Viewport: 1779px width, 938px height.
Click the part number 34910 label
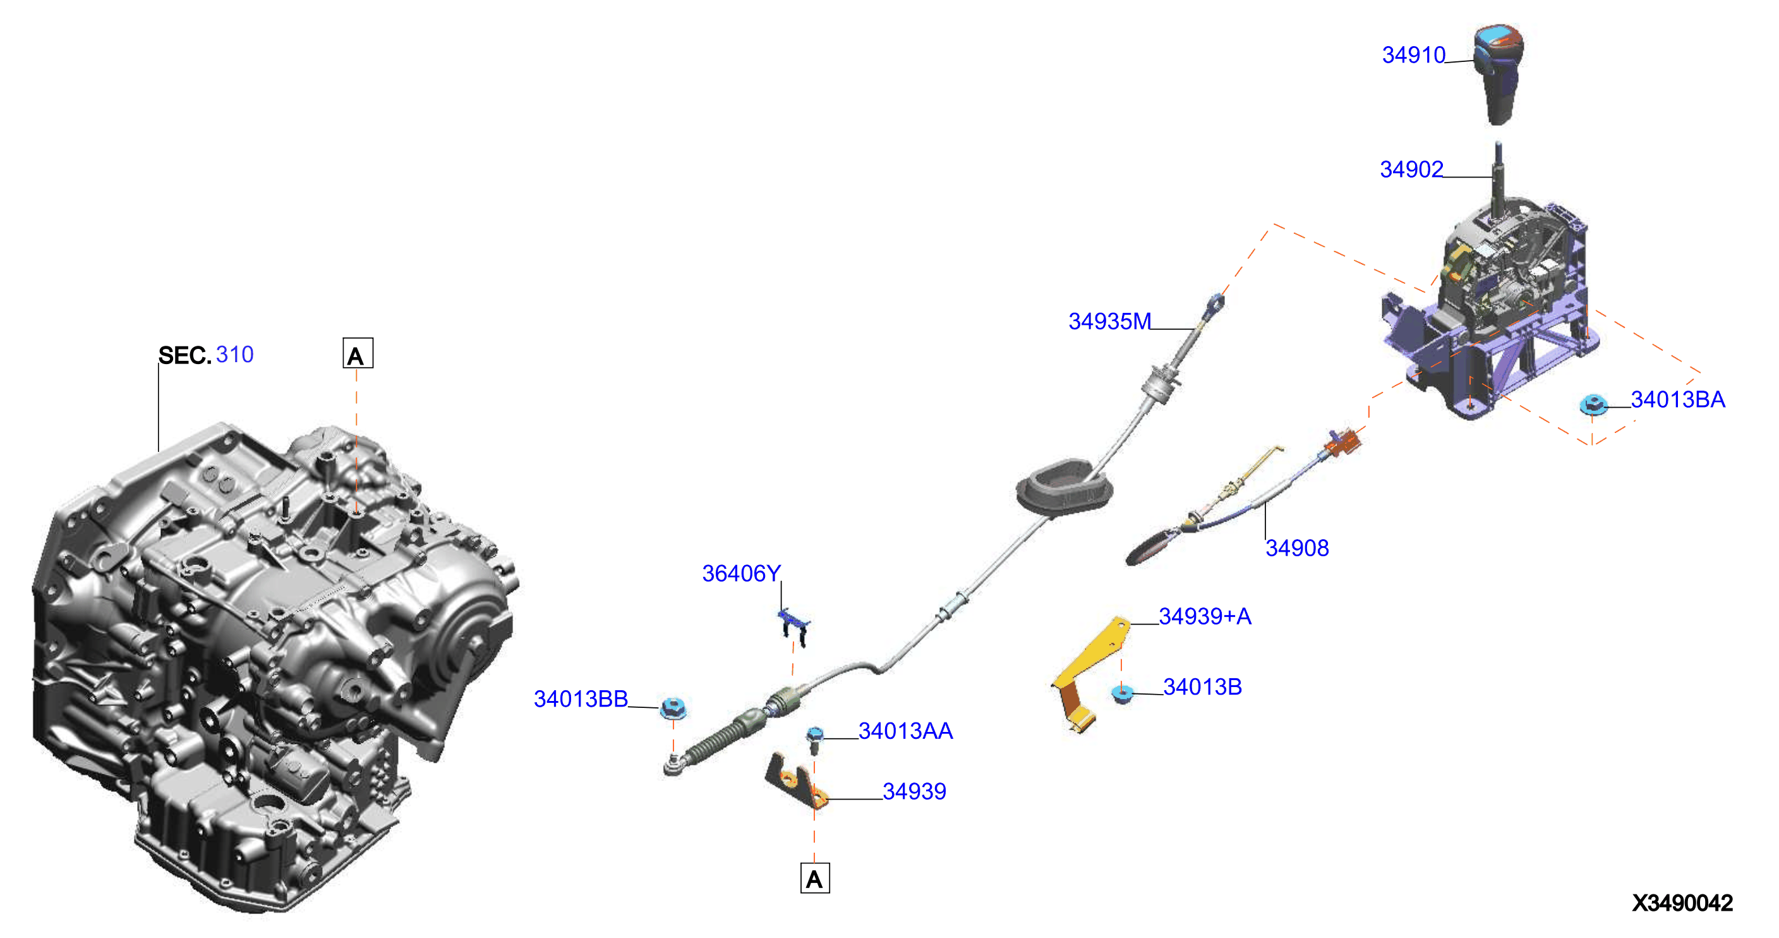pos(1413,55)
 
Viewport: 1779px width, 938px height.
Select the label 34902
pos(1411,170)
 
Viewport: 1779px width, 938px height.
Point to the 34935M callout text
pos(1110,322)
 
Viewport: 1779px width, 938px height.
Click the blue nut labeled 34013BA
pos(1593,404)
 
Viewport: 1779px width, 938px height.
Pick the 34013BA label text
pos(1677,400)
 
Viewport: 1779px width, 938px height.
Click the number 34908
pos(1297,549)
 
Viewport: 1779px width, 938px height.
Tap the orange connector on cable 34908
pos(1343,442)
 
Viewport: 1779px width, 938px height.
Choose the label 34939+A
pos(1205,617)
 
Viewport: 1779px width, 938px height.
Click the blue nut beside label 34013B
pos(1122,693)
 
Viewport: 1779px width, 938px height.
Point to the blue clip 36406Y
pos(794,626)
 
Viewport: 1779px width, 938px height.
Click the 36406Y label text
pos(741,574)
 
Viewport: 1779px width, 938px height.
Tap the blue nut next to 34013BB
pos(673,709)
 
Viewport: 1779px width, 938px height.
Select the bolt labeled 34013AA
pos(815,740)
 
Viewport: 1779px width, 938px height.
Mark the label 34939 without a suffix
pos(914,792)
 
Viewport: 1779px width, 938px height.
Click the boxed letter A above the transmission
pos(358,354)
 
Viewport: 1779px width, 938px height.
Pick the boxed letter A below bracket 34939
pos(815,879)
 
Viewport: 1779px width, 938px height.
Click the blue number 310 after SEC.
pos(235,355)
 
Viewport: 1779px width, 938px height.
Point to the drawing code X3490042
pos(1682,903)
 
